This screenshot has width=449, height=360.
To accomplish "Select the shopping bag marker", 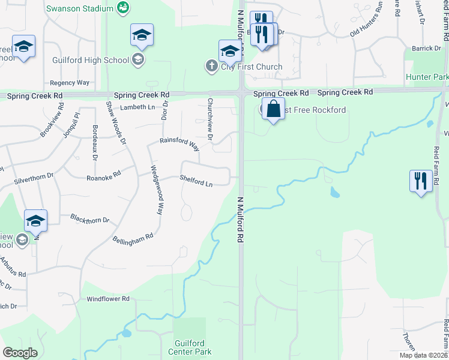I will [273, 110].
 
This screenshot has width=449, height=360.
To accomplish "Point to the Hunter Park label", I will [427, 77].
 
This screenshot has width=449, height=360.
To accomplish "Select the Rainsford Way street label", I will [179, 143].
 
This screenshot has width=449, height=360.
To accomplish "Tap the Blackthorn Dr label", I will [89, 219].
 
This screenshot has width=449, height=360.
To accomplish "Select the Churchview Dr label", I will [210, 119].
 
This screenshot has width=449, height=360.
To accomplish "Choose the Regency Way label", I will [70, 83].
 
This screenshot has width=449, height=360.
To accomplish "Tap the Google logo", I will [20, 353].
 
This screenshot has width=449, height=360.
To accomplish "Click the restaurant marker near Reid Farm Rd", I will [420, 181].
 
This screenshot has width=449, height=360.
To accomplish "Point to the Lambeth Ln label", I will [137, 107].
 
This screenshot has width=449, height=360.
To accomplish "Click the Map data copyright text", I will [422, 355].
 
